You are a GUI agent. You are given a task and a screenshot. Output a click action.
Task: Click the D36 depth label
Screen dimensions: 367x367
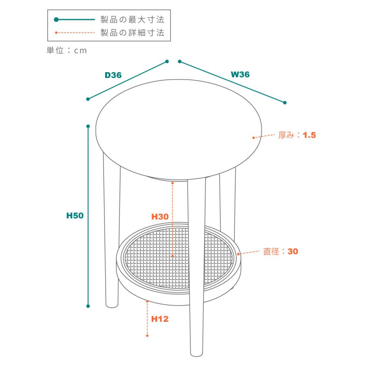tap(113, 75)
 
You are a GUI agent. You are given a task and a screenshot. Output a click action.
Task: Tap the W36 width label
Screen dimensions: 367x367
tap(240, 75)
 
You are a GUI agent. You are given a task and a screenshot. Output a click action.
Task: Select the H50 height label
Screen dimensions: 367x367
tap(75, 216)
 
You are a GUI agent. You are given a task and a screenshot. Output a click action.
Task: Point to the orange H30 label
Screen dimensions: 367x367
tap(160, 217)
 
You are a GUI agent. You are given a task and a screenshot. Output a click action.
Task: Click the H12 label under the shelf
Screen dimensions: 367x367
tap(160, 319)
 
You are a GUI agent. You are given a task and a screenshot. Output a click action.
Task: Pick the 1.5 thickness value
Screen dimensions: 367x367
tap(309, 135)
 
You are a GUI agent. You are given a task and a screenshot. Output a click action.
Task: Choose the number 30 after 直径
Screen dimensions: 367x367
tap(293, 251)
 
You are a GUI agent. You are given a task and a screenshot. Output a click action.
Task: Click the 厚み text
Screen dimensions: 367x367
tap(286, 135)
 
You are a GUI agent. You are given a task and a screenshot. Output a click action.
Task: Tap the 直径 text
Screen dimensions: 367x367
tap(271, 251)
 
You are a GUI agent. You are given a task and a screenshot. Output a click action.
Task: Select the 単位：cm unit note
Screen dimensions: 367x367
tap(67, 50)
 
